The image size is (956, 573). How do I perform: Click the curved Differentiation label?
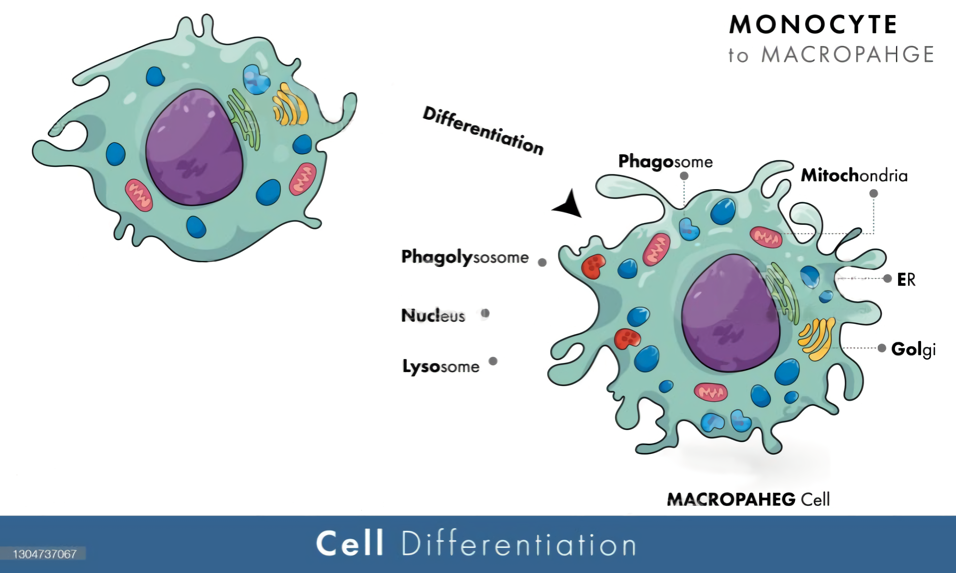click(x=483, y=131)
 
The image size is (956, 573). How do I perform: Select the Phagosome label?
click(x=665, y=162)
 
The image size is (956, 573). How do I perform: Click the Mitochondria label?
click(x=854, y=176)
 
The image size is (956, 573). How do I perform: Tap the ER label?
click(x=906, y=279)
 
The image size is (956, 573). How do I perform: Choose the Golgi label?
click(x=913, y=349)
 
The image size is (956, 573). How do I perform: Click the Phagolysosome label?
click(x=465, y=257)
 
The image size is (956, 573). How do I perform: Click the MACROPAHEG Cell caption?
click(x=748, y=499)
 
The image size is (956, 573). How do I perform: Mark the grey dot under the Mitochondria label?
click(x=874, y=194)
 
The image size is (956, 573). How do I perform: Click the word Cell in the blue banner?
click(x=350, y=543)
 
